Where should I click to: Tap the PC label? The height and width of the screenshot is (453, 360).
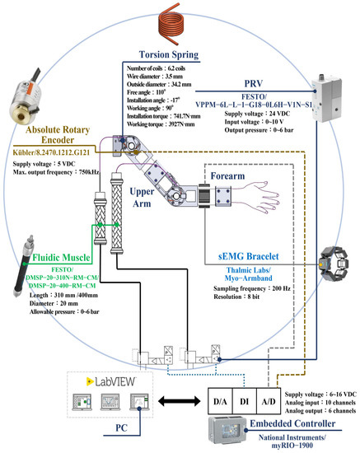117,427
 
